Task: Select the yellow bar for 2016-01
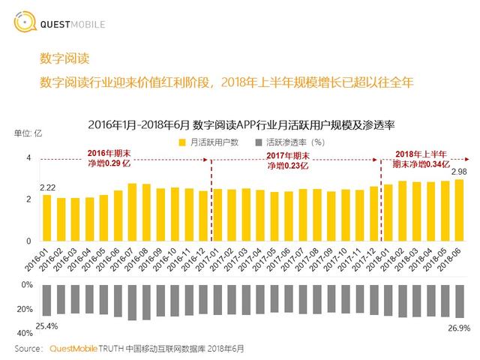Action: click(x=46, y=217)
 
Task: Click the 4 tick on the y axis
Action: click(x=29, y=158)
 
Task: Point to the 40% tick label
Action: click(x=25, y=332)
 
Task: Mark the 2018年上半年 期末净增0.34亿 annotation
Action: click(x=422, y=157)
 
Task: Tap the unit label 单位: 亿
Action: click(x=28, y=133)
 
